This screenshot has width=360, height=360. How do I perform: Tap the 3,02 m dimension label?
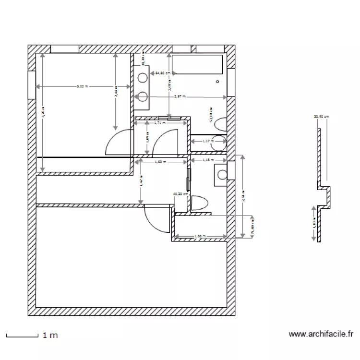click(x=83, y=86)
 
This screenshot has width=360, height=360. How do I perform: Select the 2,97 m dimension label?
click(x=180, y=96)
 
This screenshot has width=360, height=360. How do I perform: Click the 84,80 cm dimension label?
click(x=162, y=73)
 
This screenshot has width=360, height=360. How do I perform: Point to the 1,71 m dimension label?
click(x=159, y=123)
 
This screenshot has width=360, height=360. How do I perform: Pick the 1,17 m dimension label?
click(x=207, y=141)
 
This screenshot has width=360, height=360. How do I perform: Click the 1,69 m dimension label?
click(x=160, y=162)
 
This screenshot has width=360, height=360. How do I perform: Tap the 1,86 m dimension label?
click(x=200, y=236)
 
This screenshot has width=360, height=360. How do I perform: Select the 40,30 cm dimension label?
click(x=180, y=194)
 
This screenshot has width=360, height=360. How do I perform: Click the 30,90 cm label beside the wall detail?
click(x=321, y=116)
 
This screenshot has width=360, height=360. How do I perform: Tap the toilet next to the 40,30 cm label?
click(x=199, y=203)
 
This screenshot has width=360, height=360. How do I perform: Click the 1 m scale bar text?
click(x=50, y=336)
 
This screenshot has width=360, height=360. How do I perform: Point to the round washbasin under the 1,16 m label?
click(x=222, y=174)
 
